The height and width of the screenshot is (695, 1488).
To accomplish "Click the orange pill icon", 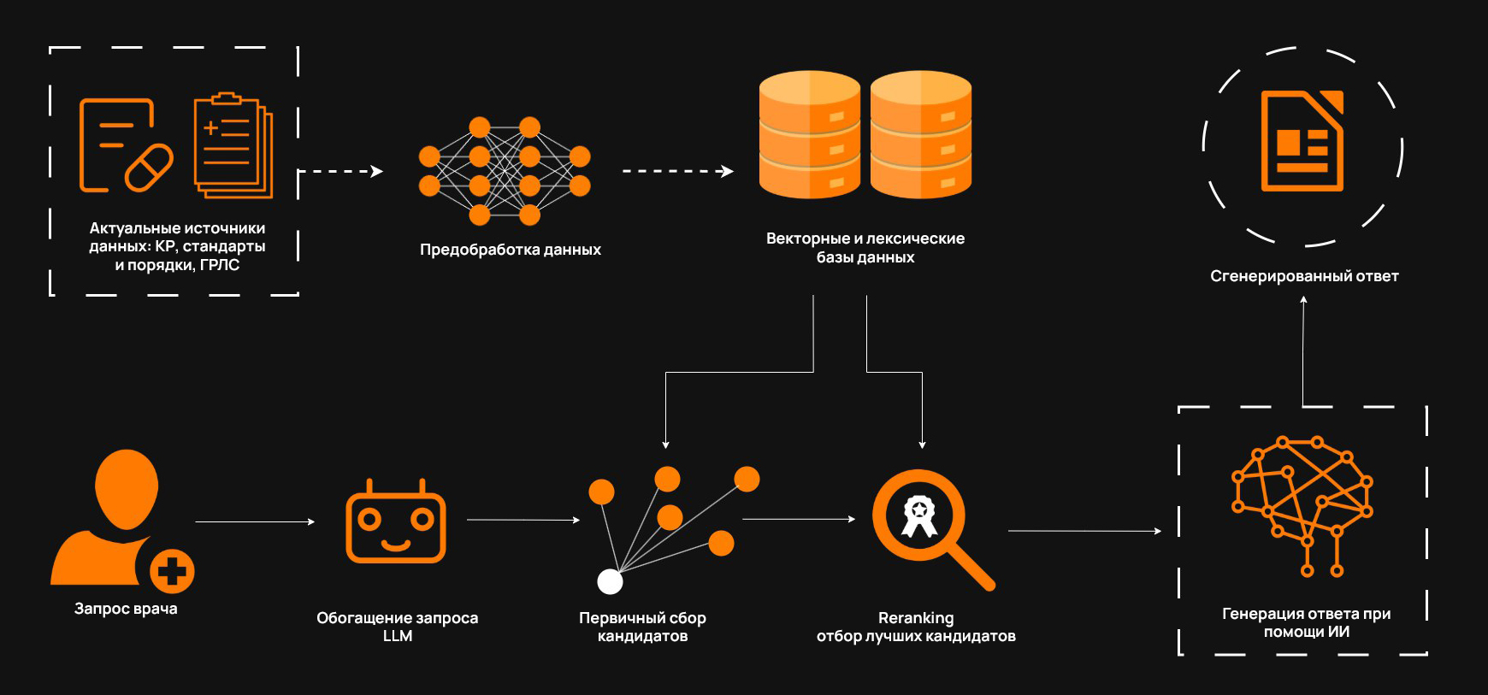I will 149,168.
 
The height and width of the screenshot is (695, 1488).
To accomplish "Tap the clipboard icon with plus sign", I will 232,144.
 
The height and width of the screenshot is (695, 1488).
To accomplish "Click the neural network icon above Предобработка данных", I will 505,171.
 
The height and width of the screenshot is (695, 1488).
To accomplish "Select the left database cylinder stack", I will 809,135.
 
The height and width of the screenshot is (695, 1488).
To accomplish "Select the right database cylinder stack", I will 921,135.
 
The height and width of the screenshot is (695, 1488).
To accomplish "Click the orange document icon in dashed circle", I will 1302,141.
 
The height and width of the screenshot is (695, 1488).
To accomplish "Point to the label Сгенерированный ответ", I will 1304,276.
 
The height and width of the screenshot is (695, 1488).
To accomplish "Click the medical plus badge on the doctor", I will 172,571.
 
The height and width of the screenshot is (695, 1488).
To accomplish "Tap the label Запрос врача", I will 126,609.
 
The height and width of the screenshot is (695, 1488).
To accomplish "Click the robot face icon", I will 396,522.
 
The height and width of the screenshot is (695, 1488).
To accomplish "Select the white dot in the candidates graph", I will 610,581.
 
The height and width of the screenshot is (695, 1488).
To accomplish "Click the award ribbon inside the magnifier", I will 919,515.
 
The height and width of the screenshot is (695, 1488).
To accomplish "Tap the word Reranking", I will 916,617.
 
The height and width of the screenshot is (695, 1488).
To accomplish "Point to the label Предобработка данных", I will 510,250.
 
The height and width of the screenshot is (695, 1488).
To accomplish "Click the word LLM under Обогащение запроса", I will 398,636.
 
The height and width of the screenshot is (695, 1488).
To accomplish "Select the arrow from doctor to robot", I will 255,521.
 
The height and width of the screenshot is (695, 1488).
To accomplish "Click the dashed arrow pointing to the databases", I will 677,171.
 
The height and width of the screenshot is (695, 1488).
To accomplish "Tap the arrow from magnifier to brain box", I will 1084,531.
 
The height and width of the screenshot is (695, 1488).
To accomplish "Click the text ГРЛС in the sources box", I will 220,265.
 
